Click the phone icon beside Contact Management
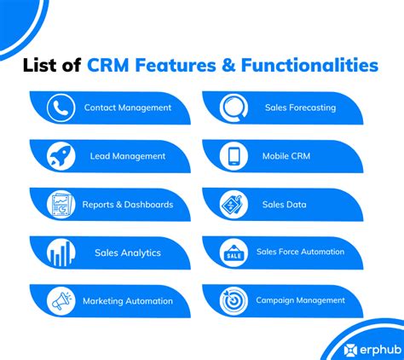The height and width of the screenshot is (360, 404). pos(61,107)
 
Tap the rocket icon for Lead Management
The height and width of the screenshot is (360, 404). pos(61,156)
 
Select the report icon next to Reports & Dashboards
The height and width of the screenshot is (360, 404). pos(61,205)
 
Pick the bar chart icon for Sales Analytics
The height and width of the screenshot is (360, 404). pos(61,253)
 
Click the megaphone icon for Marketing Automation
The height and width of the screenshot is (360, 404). pos(61,301)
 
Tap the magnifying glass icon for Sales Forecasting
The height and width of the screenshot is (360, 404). pos(234,107)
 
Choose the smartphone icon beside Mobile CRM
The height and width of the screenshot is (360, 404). pos(234,156)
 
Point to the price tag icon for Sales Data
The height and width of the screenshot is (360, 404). pos(234,205)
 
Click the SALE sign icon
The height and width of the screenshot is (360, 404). pos(234,253)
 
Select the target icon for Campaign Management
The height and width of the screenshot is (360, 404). pos(234,301)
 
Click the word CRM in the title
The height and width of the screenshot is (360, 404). pos(108,65)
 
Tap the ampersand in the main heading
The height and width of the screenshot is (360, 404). pos(228,65)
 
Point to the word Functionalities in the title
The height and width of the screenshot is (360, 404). pos(309,65)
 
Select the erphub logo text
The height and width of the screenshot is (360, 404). pos(381,350)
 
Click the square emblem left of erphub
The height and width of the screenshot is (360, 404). pos(350,350)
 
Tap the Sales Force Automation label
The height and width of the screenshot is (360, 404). pos(300,252)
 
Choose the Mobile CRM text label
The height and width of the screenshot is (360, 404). pos(286,156)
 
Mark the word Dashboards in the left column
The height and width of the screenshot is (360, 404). pos(148,205)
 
